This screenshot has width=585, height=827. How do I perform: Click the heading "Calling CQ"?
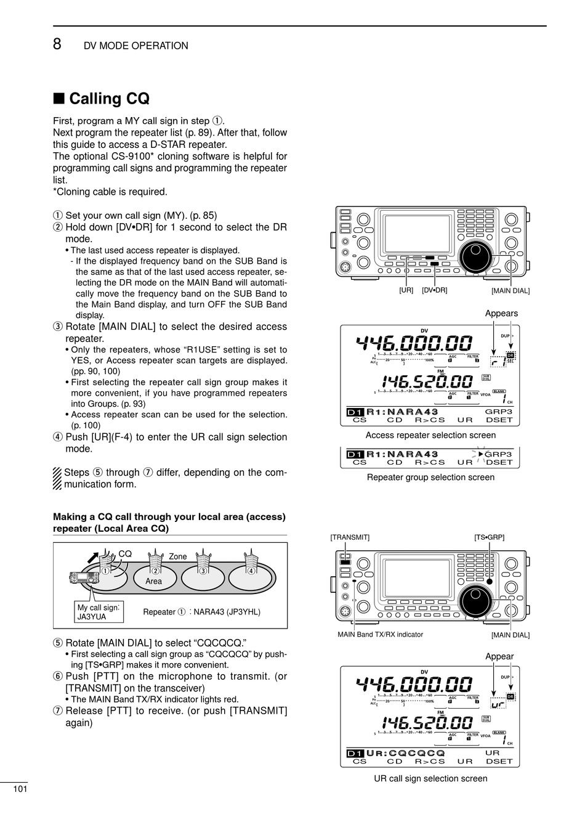pyautogui.click(x=109, y=99)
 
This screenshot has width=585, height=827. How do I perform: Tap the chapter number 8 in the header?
pyautogui.click(x=57, y=44)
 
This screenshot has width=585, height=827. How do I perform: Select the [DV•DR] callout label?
pyautogui.click(x=434, y=290)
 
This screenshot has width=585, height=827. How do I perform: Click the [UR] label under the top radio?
pyautogui.click(x=406, y=290)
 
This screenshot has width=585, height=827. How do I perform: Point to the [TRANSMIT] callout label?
pyautogui.click(x=350, y=537)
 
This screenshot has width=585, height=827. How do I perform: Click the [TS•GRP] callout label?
pyautogui.click(x=489, y=537)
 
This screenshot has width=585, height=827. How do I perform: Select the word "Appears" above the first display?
pyautogui.click(x=501, y=313)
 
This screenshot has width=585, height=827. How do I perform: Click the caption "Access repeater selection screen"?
pyautogui.click(x=430, y=435)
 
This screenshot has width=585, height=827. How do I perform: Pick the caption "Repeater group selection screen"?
pyautogui.click(x=430, y=477)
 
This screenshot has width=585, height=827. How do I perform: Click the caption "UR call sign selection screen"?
pyautogui.click(x=430, y=778)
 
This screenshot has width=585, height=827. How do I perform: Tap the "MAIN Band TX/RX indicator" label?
pyautogui.click(x=380, y=634)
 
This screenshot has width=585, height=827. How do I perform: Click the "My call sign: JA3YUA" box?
pyautogui.click(x=98, y=612)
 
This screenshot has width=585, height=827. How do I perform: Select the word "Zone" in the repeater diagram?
pyautogui.click(x=177, y=556)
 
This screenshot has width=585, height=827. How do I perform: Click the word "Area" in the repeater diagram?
pyautogui.click(x=153, y=581)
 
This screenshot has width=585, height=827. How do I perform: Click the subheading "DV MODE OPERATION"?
pyautogui.click(x=135, y=46)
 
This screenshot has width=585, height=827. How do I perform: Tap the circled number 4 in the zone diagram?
pyautogui.click(x=251, y=571)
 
